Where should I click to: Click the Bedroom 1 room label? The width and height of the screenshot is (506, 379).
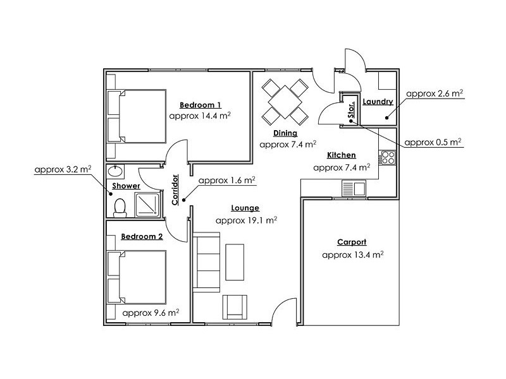(200, 105)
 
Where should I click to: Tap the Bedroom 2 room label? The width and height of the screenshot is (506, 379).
(142, 237)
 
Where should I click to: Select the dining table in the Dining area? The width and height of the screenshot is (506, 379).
(285, 100)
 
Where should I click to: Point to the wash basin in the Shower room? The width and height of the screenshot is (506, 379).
(115, 171)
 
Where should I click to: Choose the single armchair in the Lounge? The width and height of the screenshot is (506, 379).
(234, 307)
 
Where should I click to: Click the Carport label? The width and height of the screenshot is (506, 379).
(352, 242)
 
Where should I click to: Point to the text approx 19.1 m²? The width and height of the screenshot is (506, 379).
(246, 220)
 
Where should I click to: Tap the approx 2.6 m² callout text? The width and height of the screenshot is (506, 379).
(435, 93)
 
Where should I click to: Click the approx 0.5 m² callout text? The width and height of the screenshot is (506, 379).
(433, 141)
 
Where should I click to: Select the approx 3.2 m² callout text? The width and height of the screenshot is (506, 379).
(63, 169)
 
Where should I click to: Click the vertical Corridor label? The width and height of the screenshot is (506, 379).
(175, 190)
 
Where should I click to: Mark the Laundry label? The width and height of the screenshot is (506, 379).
(378, 102)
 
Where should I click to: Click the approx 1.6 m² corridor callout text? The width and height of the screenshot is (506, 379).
(226, 180)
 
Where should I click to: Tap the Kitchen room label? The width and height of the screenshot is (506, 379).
(341, 155)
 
